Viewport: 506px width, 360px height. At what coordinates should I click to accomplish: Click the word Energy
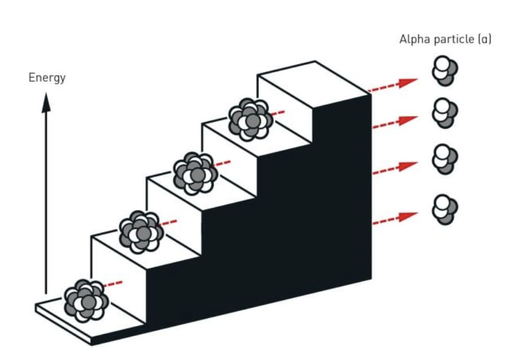pyautogui.click(x=47, y=78)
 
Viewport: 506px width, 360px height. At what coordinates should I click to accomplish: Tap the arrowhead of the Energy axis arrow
pyautogui.click(x=46, y=101)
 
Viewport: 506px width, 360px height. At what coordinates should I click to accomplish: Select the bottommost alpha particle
pyautogui.click(x=445, y=209)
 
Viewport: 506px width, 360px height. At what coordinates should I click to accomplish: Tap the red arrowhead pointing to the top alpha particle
pyautogui.click(x=407, y=82)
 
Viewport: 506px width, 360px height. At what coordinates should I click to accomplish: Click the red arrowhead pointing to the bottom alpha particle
pyautogui.click(x=407, y=216)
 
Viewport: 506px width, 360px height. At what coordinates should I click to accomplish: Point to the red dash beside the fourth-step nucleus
pyautogui.click(x=279, y=112)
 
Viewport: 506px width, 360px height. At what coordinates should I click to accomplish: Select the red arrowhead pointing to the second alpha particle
pyautogui.click(x=407, y=120)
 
